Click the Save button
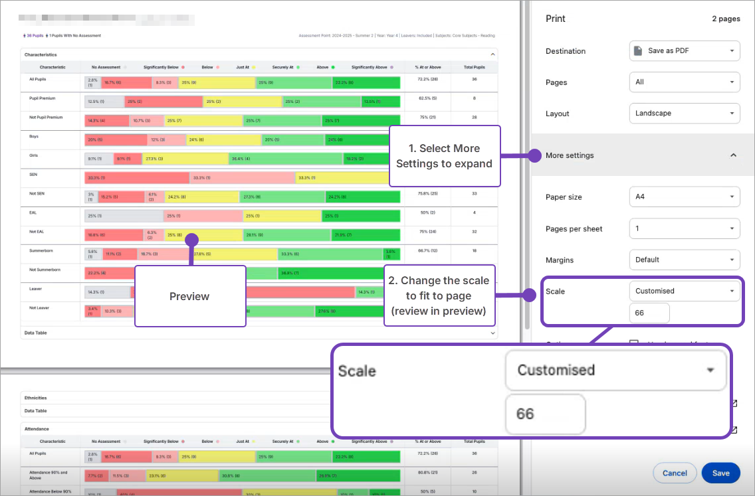click(720, 473)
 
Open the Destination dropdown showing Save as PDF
click(685, 51)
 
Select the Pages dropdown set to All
click(685, 82)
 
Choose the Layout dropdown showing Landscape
click(685, 114)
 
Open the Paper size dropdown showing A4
click(685, 197)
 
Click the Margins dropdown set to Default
click(685, 260)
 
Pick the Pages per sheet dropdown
click(685, 228)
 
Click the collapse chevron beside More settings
click(733, 155)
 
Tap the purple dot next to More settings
click(534, 155)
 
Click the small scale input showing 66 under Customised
click(649, 313)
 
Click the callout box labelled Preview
click(190, 296)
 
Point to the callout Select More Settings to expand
click(444, 156)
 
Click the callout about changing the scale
click(439, 295)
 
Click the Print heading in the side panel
click(556, 19)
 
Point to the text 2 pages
click(726, 19)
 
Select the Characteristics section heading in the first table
click(41, 54)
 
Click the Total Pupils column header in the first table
click(473, 67)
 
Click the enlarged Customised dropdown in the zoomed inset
click(615, 371)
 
